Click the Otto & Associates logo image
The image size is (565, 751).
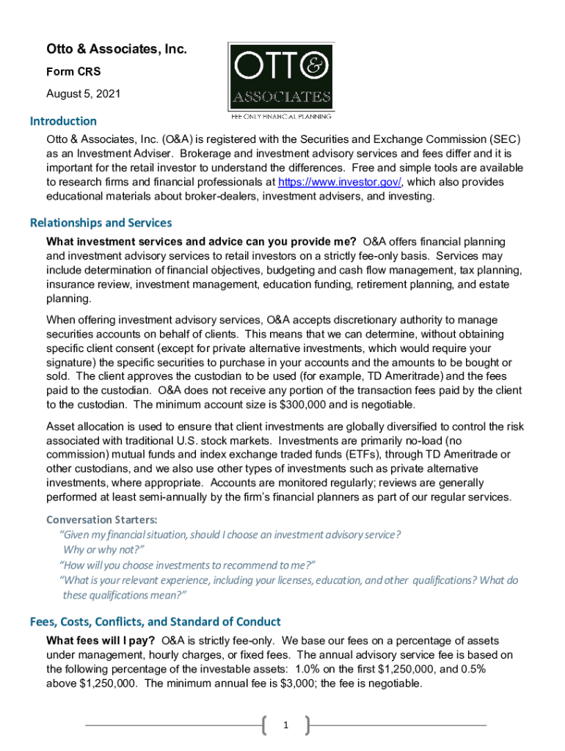(281, 76)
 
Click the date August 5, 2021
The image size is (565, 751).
(83, 94)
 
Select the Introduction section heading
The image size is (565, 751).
(63, 121)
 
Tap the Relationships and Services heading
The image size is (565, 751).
(101, 223)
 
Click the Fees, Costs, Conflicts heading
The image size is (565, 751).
(155, 622)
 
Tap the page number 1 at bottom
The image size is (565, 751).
(285, 726)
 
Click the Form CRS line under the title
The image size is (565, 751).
(73, 72)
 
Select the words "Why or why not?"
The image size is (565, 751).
(103, 550)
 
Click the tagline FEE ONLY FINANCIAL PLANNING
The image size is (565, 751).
(281, 116)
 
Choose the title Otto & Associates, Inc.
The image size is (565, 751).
(117, 50)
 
